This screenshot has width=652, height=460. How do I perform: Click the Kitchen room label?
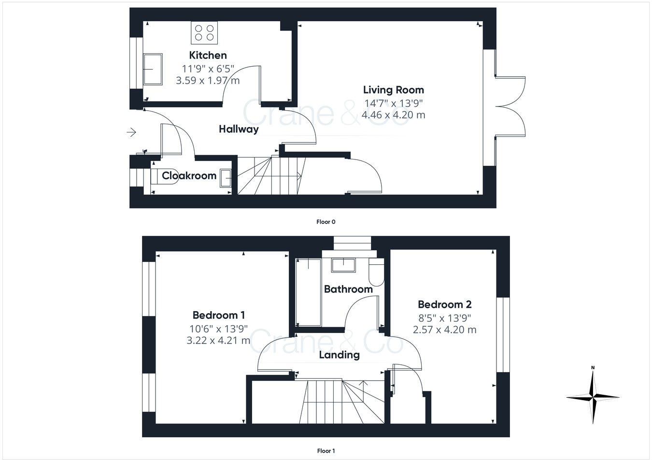pos(208,55)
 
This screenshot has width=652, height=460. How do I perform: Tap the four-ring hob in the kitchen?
pos(204,32)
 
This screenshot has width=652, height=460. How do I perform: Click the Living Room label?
pos(393,89)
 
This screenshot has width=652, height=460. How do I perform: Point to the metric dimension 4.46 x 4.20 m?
pos(393,115)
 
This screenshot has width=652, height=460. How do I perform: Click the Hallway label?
pos(239,129)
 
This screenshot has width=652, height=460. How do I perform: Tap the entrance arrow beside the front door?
pos(131,131)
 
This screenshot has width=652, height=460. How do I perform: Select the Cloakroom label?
pos(189,175)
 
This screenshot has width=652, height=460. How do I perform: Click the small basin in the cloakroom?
pos(226,177)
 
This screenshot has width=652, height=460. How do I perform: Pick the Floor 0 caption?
pos(326,222)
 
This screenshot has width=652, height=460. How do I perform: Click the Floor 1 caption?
pos(326,451)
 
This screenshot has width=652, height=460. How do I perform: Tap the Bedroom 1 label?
pos(218,315)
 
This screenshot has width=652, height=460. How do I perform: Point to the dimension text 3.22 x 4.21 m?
pos(218,340)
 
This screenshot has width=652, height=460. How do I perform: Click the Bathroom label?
pos(348,289)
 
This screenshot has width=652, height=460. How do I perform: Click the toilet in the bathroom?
pos(375,273)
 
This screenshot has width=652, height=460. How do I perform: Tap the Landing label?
pos(339,355)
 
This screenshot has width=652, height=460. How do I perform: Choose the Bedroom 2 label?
pos(444,304)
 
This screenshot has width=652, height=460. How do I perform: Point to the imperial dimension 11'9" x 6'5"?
pos(208,68)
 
